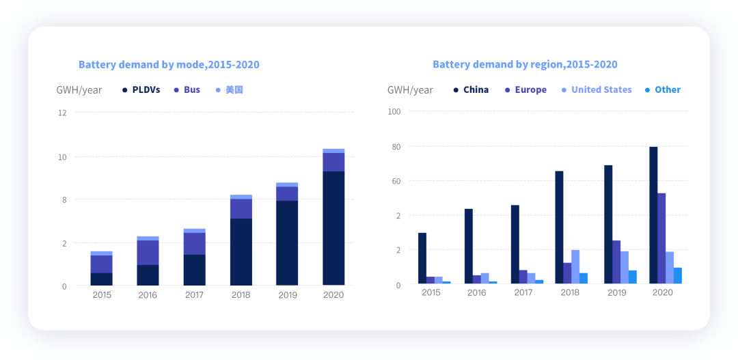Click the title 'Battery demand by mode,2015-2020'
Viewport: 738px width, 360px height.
click(x=169, y=65)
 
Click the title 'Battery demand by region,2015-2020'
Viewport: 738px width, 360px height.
click(x=525, y=65)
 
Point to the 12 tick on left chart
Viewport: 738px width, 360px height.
click(x=62, y=113)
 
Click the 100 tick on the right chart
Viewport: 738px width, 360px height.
click(x=394, y=111)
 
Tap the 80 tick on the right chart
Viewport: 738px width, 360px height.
click(x=396, y=146)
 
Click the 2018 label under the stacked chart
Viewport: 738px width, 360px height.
click(x=241, y=295)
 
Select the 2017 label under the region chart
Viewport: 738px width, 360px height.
click(x=523, y=292)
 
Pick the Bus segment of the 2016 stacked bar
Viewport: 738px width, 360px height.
click(x=148, y=252)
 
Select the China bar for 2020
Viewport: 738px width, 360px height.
click(x=653, y=215)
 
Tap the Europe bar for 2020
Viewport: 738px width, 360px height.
click(x=661, y=238)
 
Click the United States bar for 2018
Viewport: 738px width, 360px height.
click(x=575, y=266)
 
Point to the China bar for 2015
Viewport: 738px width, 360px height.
click(x=422, y=258)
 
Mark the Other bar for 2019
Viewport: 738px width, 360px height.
click(x=633, y=277)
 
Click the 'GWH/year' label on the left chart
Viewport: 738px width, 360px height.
click(x=79, y=89)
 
